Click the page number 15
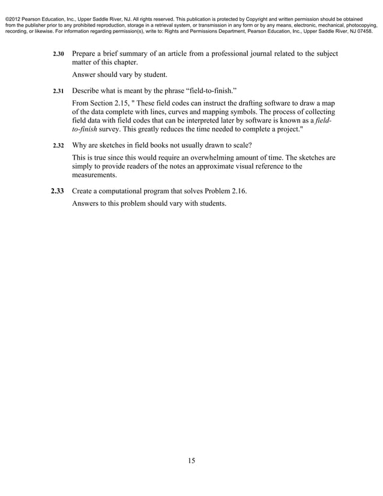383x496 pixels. (x=191, y=461)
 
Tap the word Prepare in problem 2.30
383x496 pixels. (x=87, y=54)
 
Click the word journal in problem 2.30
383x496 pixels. (x=246, y=54)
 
